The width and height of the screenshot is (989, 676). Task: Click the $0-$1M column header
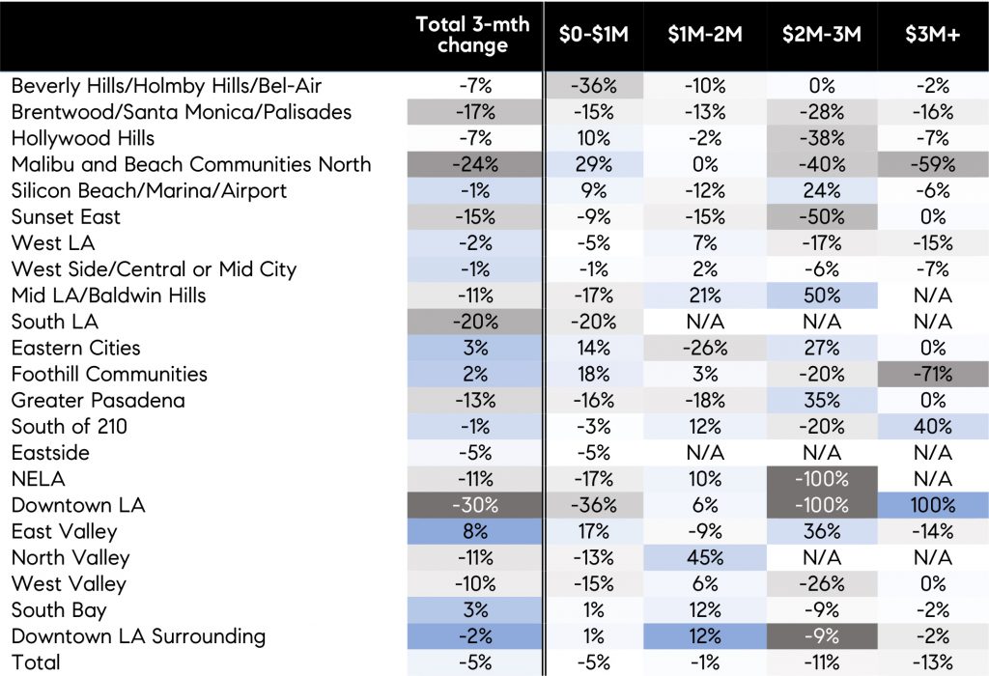(594, 35)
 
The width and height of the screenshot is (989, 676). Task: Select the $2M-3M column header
(821, 35)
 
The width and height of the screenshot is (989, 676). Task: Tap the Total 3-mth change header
(472, 35)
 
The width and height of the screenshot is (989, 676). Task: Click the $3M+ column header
(932, 35)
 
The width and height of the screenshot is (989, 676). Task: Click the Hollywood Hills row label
(83, 138)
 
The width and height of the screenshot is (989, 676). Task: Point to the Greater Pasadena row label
(98, 400)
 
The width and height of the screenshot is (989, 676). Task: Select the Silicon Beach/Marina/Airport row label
(149, 190)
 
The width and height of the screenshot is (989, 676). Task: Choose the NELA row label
(38, 479)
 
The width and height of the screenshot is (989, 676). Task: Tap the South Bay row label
(57, 610)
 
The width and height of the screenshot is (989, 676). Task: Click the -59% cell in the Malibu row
(932, 164)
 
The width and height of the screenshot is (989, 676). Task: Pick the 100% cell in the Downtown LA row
(932, 505)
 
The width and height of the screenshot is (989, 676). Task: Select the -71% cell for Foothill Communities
(932, 374)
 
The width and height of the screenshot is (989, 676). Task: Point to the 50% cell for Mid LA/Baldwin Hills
(821, 296)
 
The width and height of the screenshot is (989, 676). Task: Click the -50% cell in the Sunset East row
(821, 217)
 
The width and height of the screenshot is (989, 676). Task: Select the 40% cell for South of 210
(932, 427)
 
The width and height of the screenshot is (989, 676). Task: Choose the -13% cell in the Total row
(932, 662)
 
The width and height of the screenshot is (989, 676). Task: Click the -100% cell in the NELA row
(821, 479)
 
